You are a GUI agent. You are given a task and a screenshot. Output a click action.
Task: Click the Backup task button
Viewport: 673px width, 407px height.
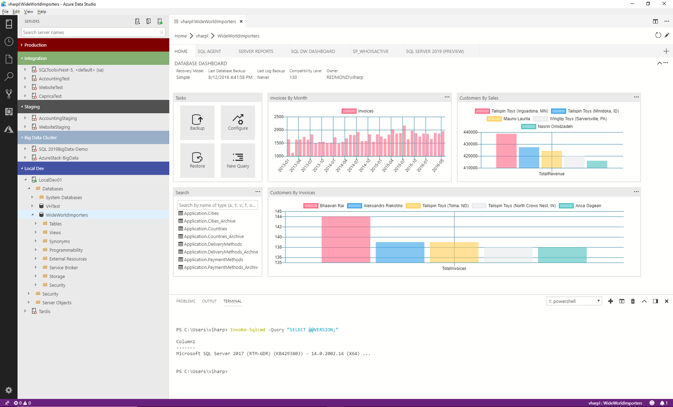click(197, 122)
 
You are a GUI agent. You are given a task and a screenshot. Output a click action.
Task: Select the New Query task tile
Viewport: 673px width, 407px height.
click(238, 160)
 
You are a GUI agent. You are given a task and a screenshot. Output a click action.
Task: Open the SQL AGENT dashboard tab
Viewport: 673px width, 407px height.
click(209, 51)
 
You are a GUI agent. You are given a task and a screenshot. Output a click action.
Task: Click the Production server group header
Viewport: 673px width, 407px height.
click(93, 45)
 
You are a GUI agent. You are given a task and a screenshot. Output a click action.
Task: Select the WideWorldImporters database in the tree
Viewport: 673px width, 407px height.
click(67, 215)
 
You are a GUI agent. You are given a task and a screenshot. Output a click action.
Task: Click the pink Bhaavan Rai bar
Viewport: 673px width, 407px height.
click(346, 239)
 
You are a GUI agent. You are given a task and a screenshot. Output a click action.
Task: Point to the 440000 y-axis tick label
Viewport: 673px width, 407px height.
click(470, 132)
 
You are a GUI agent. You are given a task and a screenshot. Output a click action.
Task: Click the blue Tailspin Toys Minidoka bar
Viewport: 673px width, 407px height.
click(529, 157)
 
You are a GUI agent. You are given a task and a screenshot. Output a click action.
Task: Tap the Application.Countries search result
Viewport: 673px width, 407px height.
click(205, 229)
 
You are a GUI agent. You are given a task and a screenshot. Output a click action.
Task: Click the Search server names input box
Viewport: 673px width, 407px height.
click(90, 32)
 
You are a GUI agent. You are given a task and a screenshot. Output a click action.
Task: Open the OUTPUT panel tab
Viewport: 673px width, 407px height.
click(209, 301)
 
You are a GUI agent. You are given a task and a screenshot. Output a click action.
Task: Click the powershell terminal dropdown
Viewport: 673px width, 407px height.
click(574, 301)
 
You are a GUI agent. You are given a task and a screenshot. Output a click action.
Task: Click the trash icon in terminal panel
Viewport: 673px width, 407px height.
click(633, 301)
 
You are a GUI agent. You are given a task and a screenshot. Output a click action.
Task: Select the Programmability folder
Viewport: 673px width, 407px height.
click(66, 250)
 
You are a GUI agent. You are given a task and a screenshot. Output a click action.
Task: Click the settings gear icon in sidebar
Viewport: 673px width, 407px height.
click(9, 390)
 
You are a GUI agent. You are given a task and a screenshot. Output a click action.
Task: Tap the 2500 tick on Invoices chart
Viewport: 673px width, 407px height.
click(279, 117)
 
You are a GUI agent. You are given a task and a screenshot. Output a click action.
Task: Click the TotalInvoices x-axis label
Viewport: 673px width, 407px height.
click(454, 269)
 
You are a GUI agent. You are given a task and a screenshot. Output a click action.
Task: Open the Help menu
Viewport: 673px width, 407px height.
click(42, 12)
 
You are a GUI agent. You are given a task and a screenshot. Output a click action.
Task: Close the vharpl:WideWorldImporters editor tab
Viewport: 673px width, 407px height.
click(241, 21)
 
